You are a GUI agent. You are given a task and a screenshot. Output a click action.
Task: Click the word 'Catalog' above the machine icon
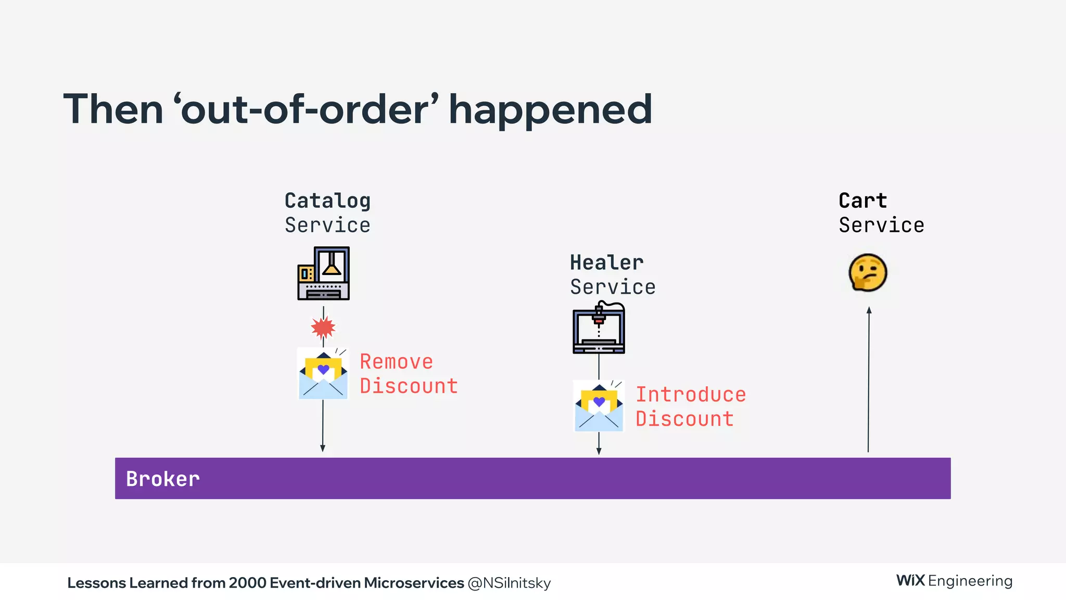tap(327, 201)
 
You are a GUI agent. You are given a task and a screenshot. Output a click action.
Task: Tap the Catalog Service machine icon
tap(323, 273)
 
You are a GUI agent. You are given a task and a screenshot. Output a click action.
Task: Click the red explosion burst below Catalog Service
tap(323, 328)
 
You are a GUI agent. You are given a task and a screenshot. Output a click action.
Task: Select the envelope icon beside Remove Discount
tap(323, 374)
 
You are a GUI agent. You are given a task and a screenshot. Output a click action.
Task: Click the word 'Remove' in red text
tap(396, 361)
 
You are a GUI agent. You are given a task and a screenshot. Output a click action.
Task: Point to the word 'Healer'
tap(606, 262)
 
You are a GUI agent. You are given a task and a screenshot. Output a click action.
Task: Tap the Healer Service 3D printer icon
tap(599, 328)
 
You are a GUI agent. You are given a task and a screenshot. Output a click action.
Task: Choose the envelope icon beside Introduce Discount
tap(599, 406)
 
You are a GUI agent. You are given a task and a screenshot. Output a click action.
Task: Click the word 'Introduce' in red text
tap(691, 395)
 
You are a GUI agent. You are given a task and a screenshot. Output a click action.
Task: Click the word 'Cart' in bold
tap(862, 201)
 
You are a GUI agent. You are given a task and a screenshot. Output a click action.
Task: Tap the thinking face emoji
tap(868, 272)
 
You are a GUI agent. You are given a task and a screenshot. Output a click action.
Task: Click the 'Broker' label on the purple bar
tap(163, 479)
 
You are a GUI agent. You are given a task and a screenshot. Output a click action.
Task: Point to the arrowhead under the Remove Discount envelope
tap(323, 448)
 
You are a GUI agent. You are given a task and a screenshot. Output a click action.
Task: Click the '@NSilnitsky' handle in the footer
tap(509, 583)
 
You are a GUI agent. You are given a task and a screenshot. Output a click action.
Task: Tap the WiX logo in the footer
tap(910, 581)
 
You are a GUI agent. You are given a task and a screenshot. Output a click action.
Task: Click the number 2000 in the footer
tap(247, 583)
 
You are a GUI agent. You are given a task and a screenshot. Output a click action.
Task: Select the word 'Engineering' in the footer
tap(970, 581)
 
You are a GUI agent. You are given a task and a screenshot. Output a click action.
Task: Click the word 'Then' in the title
tap(113, 110)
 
